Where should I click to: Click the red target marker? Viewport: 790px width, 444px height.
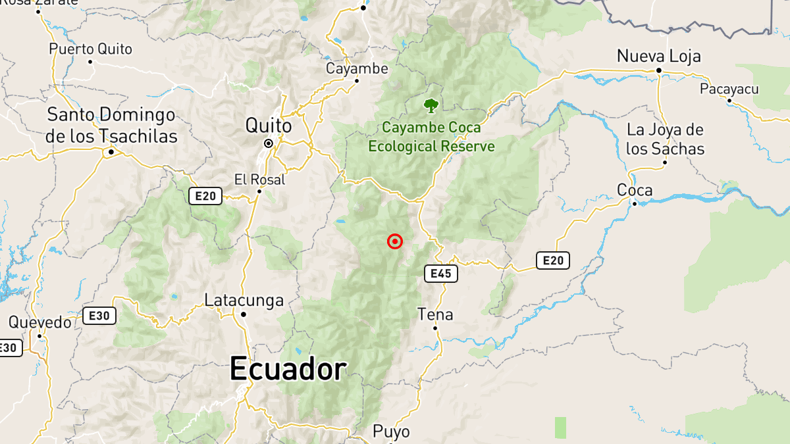pyautogui.click(x=395, y=241)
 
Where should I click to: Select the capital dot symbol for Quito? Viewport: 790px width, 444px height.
pyautogui.click(x=269, y=143)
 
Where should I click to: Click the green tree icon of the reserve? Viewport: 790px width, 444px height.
pyautogui.click(x=431, y=105)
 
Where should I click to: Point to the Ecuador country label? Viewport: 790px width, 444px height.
pyautogui.click(x=288, y=370)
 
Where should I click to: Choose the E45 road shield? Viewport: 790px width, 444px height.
pyautogui.click(x=440, y=274)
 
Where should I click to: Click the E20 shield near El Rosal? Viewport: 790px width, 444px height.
pyautogui.click(x=205, y=195)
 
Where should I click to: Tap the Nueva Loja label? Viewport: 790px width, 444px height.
pyautogui.click(x=658, y=56)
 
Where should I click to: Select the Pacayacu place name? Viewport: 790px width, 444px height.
pyautogui.click(x=729, y=89)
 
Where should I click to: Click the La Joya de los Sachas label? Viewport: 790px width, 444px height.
pyautogui.click(x=665, y=139)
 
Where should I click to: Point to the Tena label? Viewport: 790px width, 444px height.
pyautogui.click(x=435, y=314)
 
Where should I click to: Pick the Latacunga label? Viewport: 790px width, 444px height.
pyautogui.click(x=244, y=301)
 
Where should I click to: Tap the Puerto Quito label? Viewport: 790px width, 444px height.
pyautogui.click(x=90, y=49)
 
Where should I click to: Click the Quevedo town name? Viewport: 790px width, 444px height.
pyautogui.click(x=39, y=322)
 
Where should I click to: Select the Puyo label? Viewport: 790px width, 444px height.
pyautogui.click(x=391, y=432)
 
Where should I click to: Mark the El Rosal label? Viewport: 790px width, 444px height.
pyautogui.click(x=259, y=179)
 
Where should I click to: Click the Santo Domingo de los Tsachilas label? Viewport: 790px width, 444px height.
pyautogui.click(x=111, y=126)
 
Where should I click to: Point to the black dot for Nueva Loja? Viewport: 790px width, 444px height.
pyautogui.click(x=658, y=70)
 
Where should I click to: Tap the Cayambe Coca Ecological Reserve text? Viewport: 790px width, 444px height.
pyautogui.click(x=431, y=137)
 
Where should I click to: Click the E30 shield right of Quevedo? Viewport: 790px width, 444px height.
pyautogui.click(x=99, y=316)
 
